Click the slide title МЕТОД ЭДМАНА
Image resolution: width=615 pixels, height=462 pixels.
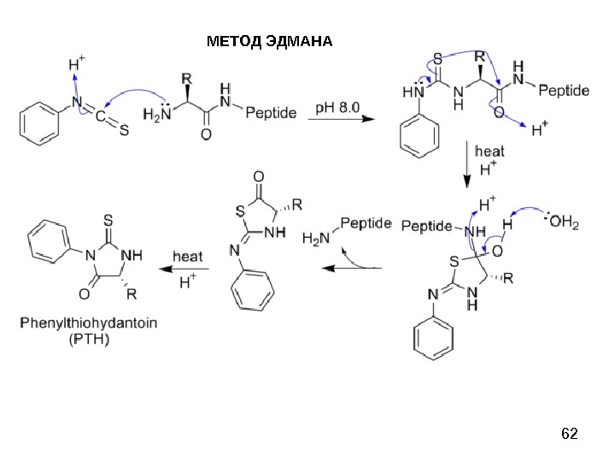pos(271,41)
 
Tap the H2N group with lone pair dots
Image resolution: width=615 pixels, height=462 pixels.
pos(156,113)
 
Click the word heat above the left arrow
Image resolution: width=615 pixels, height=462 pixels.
pos(188,256)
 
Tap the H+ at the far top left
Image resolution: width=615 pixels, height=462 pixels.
pos(76,64)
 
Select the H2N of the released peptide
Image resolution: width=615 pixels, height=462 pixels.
pos(314,240)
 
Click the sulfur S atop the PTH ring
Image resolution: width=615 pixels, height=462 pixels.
pos(109,220)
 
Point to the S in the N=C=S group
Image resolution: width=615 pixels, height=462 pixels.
pos(124,131)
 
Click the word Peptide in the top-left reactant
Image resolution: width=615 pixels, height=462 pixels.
pos(271,113)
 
